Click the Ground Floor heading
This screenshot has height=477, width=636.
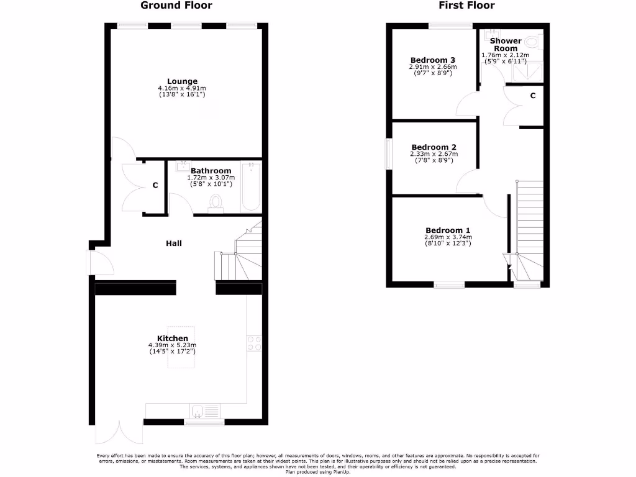point(176,6)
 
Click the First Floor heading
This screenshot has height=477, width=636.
point(466,6)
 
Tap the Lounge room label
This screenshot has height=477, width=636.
point(182,81)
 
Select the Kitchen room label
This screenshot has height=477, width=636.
point(172,338)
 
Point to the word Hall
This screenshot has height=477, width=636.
point(174,243)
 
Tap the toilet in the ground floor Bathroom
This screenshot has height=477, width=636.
point(216,203)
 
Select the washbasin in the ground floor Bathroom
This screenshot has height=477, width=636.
point(183,166)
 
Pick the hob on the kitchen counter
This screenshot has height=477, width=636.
point(254,343)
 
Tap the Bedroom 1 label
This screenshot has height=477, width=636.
point(448,230)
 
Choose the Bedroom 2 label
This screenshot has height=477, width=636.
point(434,147)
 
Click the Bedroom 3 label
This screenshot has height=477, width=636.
point(432,60)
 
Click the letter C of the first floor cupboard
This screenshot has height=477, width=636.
point(533,96)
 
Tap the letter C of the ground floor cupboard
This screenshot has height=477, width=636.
point(155,186)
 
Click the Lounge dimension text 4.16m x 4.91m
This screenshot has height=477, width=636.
point(182,89)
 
